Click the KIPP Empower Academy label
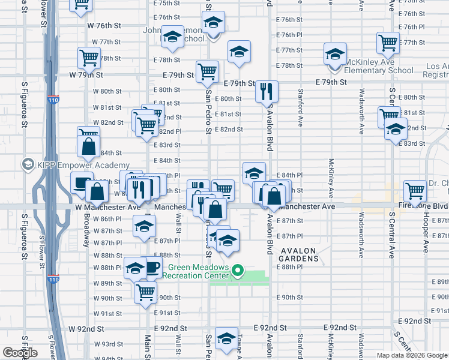coord(83,165)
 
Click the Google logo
coord(19,353)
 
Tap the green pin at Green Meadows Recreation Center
coord(238,272)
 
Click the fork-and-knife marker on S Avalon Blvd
coord(266,91)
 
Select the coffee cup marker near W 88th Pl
coord(151,267)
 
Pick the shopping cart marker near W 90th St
coord(145,293)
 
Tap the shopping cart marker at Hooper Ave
coord(415,191)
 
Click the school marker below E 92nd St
coord(226,339)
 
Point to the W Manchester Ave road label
coord(109,206)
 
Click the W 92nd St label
coord(86,329)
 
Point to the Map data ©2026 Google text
coord(411,355)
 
